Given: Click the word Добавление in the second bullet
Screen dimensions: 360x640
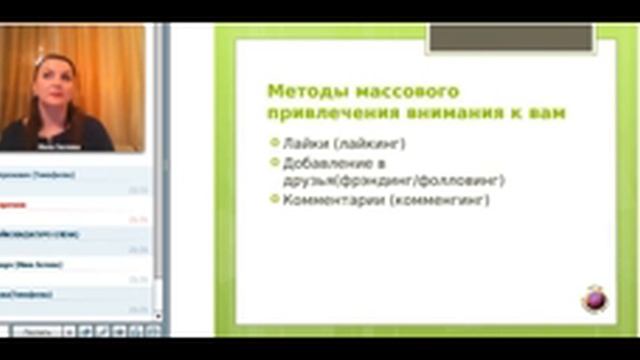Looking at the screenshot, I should (327, 162).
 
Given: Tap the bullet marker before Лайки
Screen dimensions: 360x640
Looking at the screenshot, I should (275, 144).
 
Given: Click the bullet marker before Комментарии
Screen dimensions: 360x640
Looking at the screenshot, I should (275, 200).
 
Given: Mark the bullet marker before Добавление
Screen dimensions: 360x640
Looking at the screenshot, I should (275, 162).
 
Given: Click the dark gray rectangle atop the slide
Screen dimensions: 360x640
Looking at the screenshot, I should (510, 39).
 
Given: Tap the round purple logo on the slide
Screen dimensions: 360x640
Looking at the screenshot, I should (594, 298).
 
